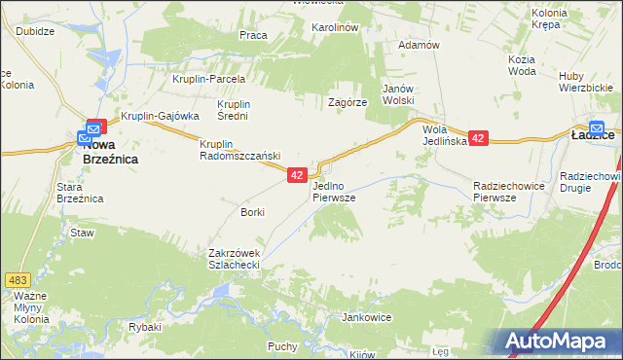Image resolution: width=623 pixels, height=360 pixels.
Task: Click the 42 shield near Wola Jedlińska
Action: (x=477, y=139)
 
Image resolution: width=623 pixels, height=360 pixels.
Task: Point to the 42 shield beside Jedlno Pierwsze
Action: (x=298, y=175)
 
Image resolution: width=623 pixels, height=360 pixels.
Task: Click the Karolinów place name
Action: (x=335, y=28)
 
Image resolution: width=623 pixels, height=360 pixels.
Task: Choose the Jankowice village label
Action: (x=366, y=317)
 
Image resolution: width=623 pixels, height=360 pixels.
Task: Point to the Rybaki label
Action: (x=144, y=327)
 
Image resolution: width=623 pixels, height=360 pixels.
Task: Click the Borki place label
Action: (x=252, y=211)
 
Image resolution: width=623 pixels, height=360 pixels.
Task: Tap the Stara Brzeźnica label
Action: (x=80, y=192)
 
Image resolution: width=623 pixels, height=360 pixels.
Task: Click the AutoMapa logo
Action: (x=563, y=340)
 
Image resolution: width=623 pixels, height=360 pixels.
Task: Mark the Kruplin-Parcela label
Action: (x=208, y=79)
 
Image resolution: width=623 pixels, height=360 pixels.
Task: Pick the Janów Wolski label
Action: (x=398, y=94)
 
